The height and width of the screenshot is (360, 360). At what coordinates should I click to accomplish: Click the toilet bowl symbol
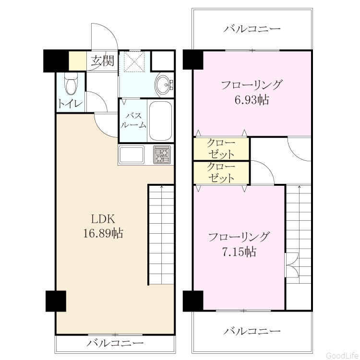[71, 84]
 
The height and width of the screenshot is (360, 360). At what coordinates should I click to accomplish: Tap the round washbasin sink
[164, 84]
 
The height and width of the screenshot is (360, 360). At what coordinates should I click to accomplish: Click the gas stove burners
[162, 155]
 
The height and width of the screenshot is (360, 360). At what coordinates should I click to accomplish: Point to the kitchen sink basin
[132, 154]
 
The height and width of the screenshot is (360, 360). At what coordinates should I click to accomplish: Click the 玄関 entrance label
[102, 61]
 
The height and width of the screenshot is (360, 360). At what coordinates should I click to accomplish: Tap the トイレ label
[70, 104]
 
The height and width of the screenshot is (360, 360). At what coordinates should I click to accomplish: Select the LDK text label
[103, 219]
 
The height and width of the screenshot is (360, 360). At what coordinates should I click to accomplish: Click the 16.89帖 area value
[103, 233]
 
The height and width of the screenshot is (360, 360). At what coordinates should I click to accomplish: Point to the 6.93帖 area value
[252, 100]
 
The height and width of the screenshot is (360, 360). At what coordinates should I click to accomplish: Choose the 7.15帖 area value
[239, 252]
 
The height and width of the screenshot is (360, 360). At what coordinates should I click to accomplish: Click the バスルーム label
[133, 120]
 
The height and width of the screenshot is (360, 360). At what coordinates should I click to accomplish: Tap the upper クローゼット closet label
[221, 149]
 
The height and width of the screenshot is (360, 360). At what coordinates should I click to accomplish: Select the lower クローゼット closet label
[221, 172]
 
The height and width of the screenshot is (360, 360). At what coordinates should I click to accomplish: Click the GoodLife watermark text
[342, 355]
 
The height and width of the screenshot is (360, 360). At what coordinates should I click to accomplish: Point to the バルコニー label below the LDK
[115, 343]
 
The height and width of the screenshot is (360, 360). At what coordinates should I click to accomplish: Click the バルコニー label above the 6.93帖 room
[252, 29]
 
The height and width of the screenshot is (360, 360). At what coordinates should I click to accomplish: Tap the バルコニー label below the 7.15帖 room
[252, 331]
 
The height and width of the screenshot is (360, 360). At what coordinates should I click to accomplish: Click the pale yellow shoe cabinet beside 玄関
[78, 61]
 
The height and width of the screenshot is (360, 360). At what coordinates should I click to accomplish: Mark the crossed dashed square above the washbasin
[134, 60]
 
